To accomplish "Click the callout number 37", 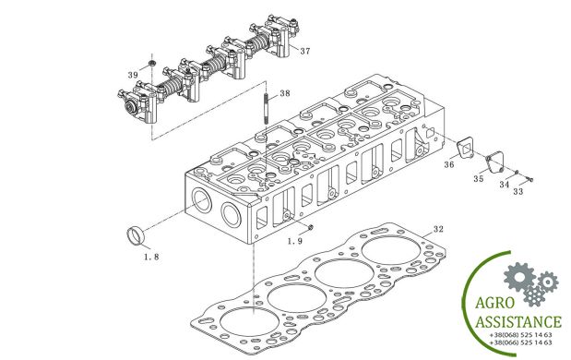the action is [305, 51].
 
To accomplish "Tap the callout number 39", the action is [133, 75].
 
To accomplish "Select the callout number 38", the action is [285, 93].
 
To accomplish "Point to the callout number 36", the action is [449, 164].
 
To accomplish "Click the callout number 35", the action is [479, 178].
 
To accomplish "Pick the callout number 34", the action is [504, 185].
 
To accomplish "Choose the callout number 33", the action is [517, 191].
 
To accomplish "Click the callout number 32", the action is [438, 229].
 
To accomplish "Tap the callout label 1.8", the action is [151, 257].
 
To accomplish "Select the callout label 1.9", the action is [295, 241].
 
